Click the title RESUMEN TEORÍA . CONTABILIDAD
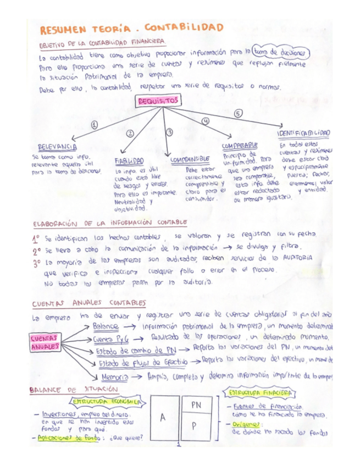point(132,28)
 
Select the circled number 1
point(94,125)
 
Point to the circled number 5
point(239,113)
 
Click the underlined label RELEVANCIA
point(57,147)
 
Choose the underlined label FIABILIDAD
point(129,161)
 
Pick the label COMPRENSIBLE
point(190,159)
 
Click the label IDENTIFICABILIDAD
point(303,133)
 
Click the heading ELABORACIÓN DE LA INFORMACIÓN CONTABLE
point(110,223)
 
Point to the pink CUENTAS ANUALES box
point(45,342)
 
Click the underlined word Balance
point(106,326)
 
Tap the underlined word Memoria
point(115,377)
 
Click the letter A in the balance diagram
point(163,417)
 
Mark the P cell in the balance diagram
point(196,426)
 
